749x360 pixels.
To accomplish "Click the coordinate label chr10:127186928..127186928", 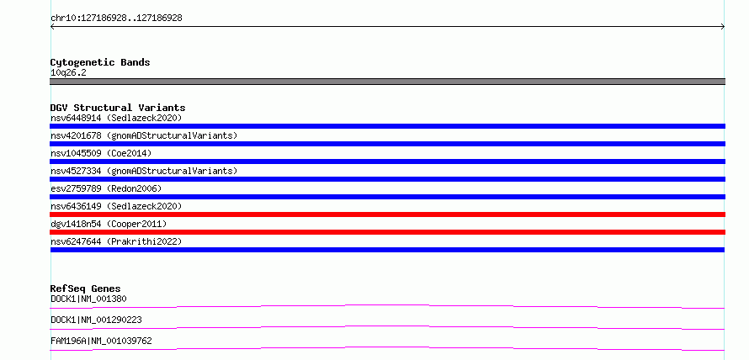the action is pos(116,19).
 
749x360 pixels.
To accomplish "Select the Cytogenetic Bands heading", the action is pos(100,62).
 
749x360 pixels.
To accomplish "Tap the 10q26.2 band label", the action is pos(68,73).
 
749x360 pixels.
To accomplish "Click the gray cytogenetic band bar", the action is pos(387,82).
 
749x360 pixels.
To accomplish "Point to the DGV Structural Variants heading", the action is pos(118,108).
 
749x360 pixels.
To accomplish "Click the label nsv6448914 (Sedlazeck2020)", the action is pos(116,118).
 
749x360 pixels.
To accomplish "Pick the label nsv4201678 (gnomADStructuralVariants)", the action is pos(144,135).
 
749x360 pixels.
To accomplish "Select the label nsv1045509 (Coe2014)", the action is pos(101,153).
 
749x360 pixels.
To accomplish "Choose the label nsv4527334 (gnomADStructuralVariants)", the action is pos(144,171).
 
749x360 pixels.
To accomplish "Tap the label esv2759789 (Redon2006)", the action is pos(106,188).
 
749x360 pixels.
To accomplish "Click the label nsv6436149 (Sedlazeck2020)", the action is pos(116,206).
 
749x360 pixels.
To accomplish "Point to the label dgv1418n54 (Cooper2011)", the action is pos(109,224).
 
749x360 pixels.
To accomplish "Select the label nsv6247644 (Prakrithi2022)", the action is pos(116,241).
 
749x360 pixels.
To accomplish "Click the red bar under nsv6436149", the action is pos(387,214).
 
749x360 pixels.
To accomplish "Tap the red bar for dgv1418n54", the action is pos(387,232).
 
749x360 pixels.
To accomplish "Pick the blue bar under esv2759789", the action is pos(387,197).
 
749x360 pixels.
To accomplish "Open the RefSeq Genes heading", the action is pos(86,289).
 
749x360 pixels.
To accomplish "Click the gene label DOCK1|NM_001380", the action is pos(88,299).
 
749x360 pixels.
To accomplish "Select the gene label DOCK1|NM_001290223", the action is pos(96,320).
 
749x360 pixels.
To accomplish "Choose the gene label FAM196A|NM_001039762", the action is pos(101,341).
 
